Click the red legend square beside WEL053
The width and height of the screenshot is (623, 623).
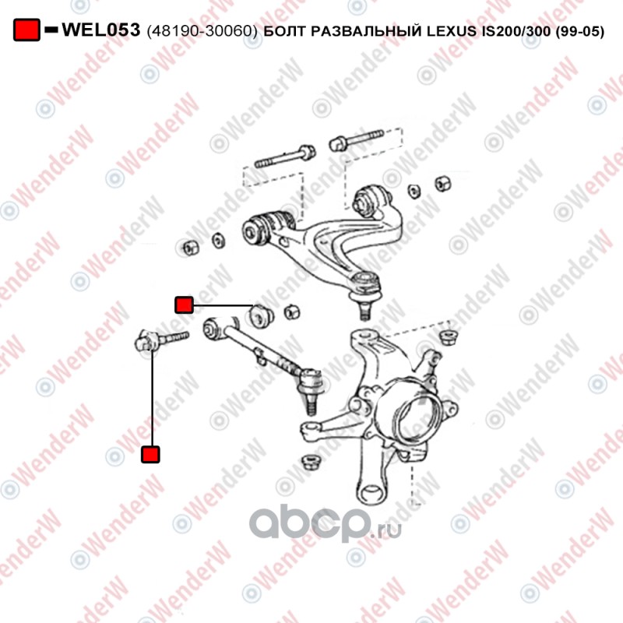(26, 30)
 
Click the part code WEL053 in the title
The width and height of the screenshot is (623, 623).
(101, 30)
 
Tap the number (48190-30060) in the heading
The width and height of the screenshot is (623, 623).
(202, 30)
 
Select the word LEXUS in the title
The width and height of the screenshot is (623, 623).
(452, 30)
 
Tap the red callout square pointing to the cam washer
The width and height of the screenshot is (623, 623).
(184, 304)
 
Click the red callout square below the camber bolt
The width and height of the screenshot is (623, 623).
(150, 454)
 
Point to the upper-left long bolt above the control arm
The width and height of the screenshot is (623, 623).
(285, 157)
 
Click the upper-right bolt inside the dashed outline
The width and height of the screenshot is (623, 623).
(357, 140)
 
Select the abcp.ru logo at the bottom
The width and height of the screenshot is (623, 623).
(326, 523)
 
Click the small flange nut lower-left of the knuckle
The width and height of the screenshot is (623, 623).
(310, 463)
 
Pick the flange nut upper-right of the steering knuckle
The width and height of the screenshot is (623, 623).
(448, 337)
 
